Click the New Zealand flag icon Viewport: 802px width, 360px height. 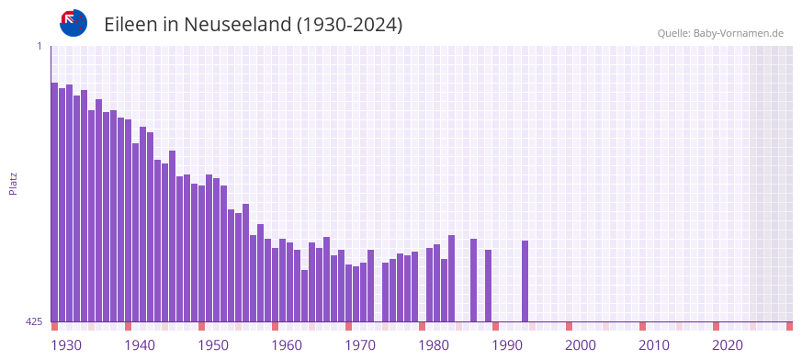point(73,23)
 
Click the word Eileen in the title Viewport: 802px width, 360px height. point(131,25)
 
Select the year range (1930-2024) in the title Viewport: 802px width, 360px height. point(349,25)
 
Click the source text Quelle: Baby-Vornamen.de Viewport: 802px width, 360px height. point(719,34)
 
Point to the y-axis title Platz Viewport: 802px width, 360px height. point(13,183)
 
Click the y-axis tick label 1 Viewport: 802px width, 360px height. point(39,46)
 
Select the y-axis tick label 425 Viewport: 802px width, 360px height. point(34,321)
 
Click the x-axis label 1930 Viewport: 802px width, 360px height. point(66,345)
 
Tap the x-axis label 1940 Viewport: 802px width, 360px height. point(140,345)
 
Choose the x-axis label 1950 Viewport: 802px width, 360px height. point(213,345)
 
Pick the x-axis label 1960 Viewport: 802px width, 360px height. point(287,345)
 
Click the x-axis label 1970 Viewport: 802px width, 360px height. point(360,345)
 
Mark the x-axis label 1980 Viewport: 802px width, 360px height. point(434,345)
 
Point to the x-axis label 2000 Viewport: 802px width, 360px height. point(581,345)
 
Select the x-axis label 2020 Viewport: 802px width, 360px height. point(728,345)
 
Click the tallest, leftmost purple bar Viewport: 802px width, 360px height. point(54,202)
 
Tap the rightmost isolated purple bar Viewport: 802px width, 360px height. point(525,281)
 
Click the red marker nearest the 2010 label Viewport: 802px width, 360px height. point(642,326)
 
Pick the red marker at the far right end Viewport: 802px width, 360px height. point(789,326)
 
